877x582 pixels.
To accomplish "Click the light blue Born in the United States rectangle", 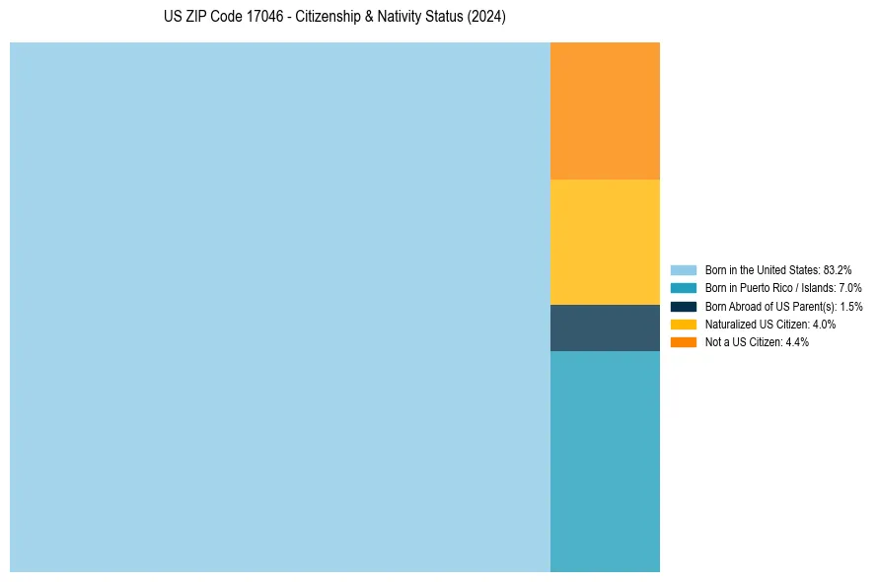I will [x=280, y=307].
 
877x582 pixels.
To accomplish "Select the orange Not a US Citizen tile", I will [x=605, y=110].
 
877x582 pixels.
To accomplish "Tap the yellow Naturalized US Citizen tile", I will [x=605, y=242].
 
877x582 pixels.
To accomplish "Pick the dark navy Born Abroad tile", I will [x=605, y=327].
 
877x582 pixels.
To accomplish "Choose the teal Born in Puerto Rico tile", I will [x=605, y=461].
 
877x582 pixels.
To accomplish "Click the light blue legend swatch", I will [x=684, y=269].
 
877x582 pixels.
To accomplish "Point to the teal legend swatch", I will [x=684, y=288].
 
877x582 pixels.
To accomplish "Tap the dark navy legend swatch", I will [x=684, y=306].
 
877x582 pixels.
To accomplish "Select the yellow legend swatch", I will [x=684, y=324].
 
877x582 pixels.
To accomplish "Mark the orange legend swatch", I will [x=684, y=341].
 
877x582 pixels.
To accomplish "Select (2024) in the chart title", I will [x=485, y=17].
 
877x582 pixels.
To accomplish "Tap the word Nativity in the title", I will [x=402, y=17].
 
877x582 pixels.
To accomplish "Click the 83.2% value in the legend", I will [x=837, y=269].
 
